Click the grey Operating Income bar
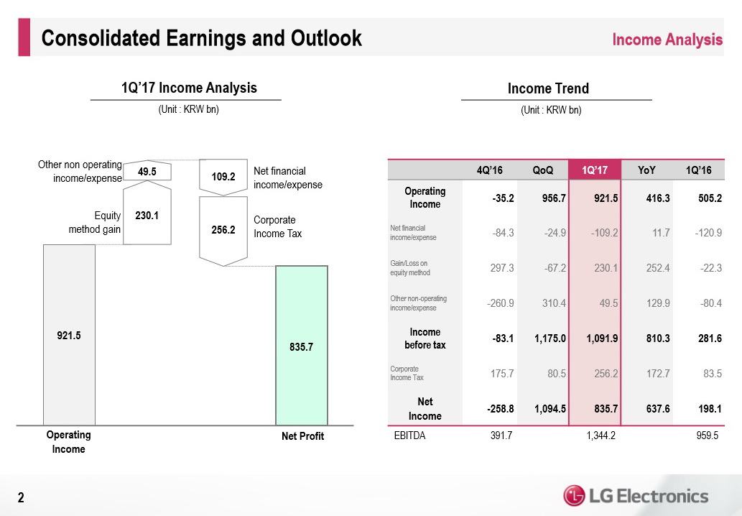69,335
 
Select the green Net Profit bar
302,346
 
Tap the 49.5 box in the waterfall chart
147,172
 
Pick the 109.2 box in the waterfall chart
223,175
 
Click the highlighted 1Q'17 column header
594,170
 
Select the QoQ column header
542,170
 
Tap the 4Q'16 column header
489,170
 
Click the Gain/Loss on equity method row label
409,267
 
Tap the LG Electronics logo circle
574,496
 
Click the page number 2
21,497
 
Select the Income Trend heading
548,88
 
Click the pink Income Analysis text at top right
667,40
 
